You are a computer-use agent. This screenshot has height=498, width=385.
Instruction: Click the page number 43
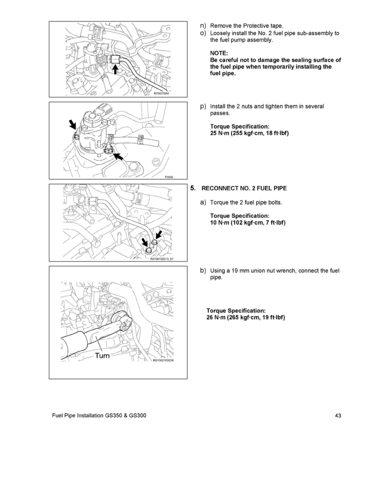pyautogui.click(x=338, y=415)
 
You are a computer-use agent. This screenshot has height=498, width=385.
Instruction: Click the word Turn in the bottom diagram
pyautogui.click(x=102, y=355)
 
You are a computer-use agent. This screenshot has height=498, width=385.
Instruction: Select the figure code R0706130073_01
pyautogui.click(x=162, y=259)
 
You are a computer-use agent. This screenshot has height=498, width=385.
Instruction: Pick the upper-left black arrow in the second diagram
pyautogui.click(x=73, y=124)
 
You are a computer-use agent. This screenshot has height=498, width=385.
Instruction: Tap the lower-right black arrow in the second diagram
pyautogui.click(x=118, y=156)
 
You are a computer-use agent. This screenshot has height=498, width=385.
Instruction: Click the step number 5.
pyautogui.click(x=193, y=188)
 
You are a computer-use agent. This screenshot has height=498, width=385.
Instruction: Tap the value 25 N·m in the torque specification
pyautogui.click(x=220, y=134)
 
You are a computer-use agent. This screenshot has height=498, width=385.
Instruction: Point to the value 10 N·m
pyautogui.click(x=220, y=223)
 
